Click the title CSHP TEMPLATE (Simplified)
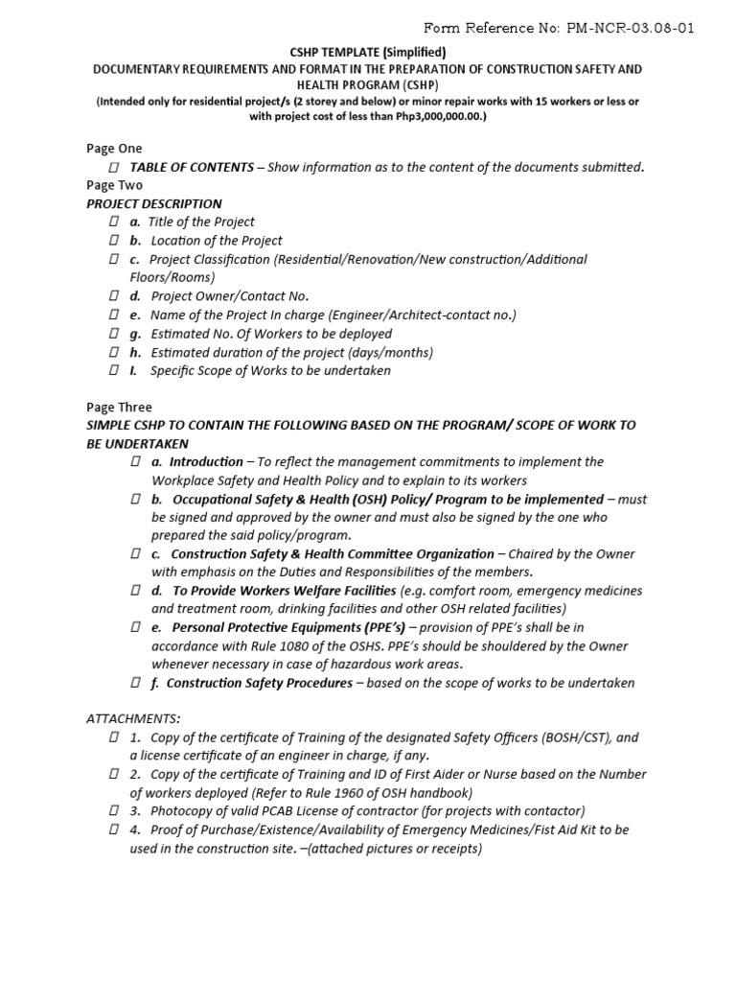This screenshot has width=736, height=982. click(x=368, y=53)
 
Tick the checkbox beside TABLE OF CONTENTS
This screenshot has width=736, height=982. click(x=113, y=168)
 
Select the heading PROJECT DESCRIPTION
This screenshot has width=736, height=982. click(x=154, y=204)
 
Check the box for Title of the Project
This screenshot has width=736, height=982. click(x=113, y=222)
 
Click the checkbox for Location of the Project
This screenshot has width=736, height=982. click(x=113, y=241)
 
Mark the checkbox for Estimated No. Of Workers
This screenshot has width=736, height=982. click(x=113, y=334)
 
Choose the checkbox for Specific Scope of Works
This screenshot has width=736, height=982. click(x=113, y=371)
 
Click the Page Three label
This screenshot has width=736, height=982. click(x=119, y=408)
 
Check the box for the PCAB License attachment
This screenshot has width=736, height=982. click(x=113, y=811)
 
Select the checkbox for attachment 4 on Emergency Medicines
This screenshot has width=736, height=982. click(x=113, y=830)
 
